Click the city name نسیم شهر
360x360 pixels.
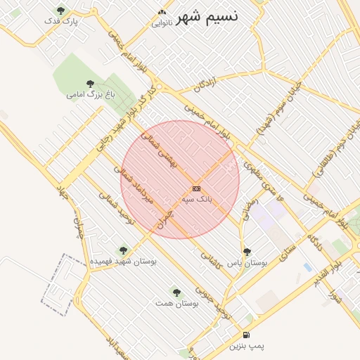[207, 15]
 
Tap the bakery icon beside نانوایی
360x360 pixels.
[162, 12]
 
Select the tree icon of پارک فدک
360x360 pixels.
[60, 11]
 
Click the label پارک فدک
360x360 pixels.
[60, 22]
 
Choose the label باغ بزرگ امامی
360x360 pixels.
[86, 93]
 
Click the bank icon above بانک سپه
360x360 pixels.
[196, 188]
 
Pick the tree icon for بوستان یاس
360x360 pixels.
[246, 251]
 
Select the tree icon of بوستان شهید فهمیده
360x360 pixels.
[124, 249]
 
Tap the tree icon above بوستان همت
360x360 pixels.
[176, 292]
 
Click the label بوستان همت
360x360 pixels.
[177, 303]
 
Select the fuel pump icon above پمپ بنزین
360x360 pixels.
[245, 335]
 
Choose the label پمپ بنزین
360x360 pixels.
[246, 347]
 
